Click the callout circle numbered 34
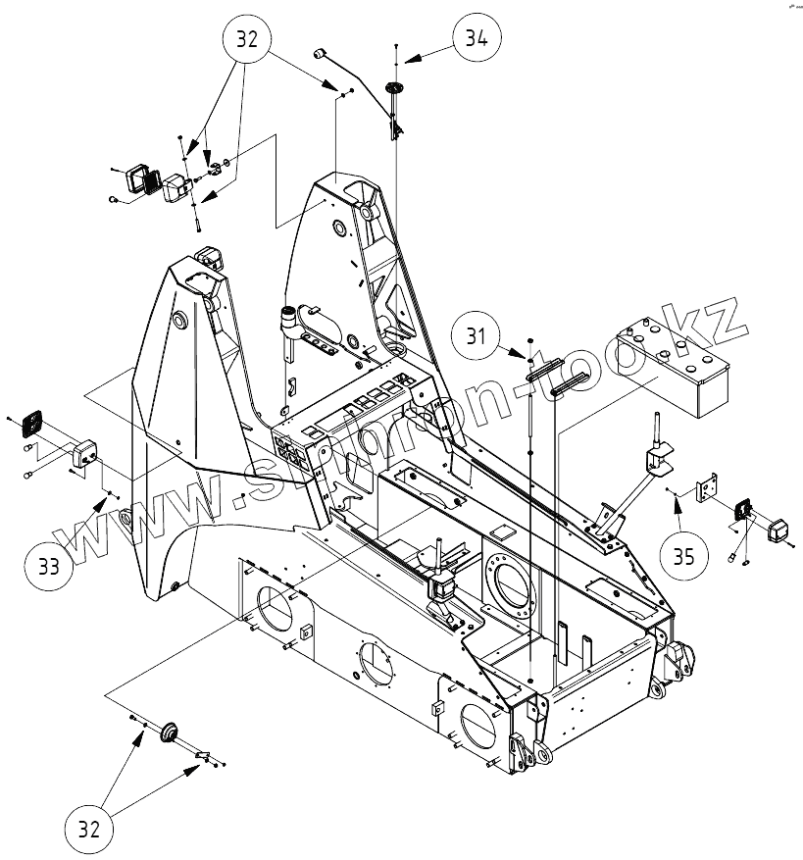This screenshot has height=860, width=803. coord(477,39)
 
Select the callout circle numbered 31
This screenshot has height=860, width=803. coord(477,336)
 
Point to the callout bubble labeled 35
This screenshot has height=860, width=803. coord(684,555)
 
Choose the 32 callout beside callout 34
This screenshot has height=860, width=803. coord(247,39)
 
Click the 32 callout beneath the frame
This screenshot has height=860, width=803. coord(89,830)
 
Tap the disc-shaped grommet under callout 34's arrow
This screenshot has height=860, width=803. coord(394,88)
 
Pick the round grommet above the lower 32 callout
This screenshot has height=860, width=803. coord(169,729)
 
